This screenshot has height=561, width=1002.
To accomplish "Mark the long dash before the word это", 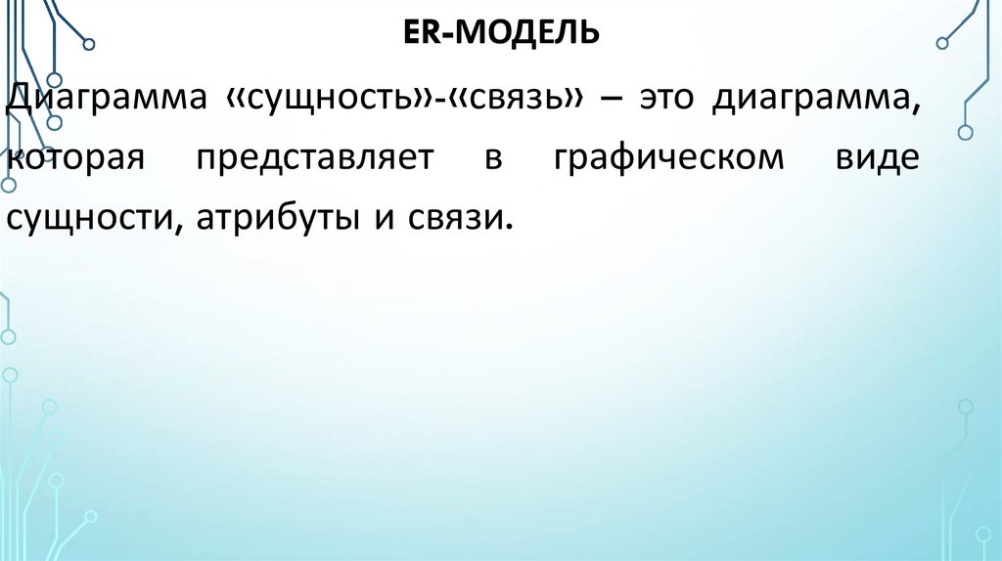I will (615, 103).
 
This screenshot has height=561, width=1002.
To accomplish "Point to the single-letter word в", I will (490, 160).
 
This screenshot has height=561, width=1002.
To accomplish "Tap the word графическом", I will (668, 160).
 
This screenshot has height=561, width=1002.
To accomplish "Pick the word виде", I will (877, 160).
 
